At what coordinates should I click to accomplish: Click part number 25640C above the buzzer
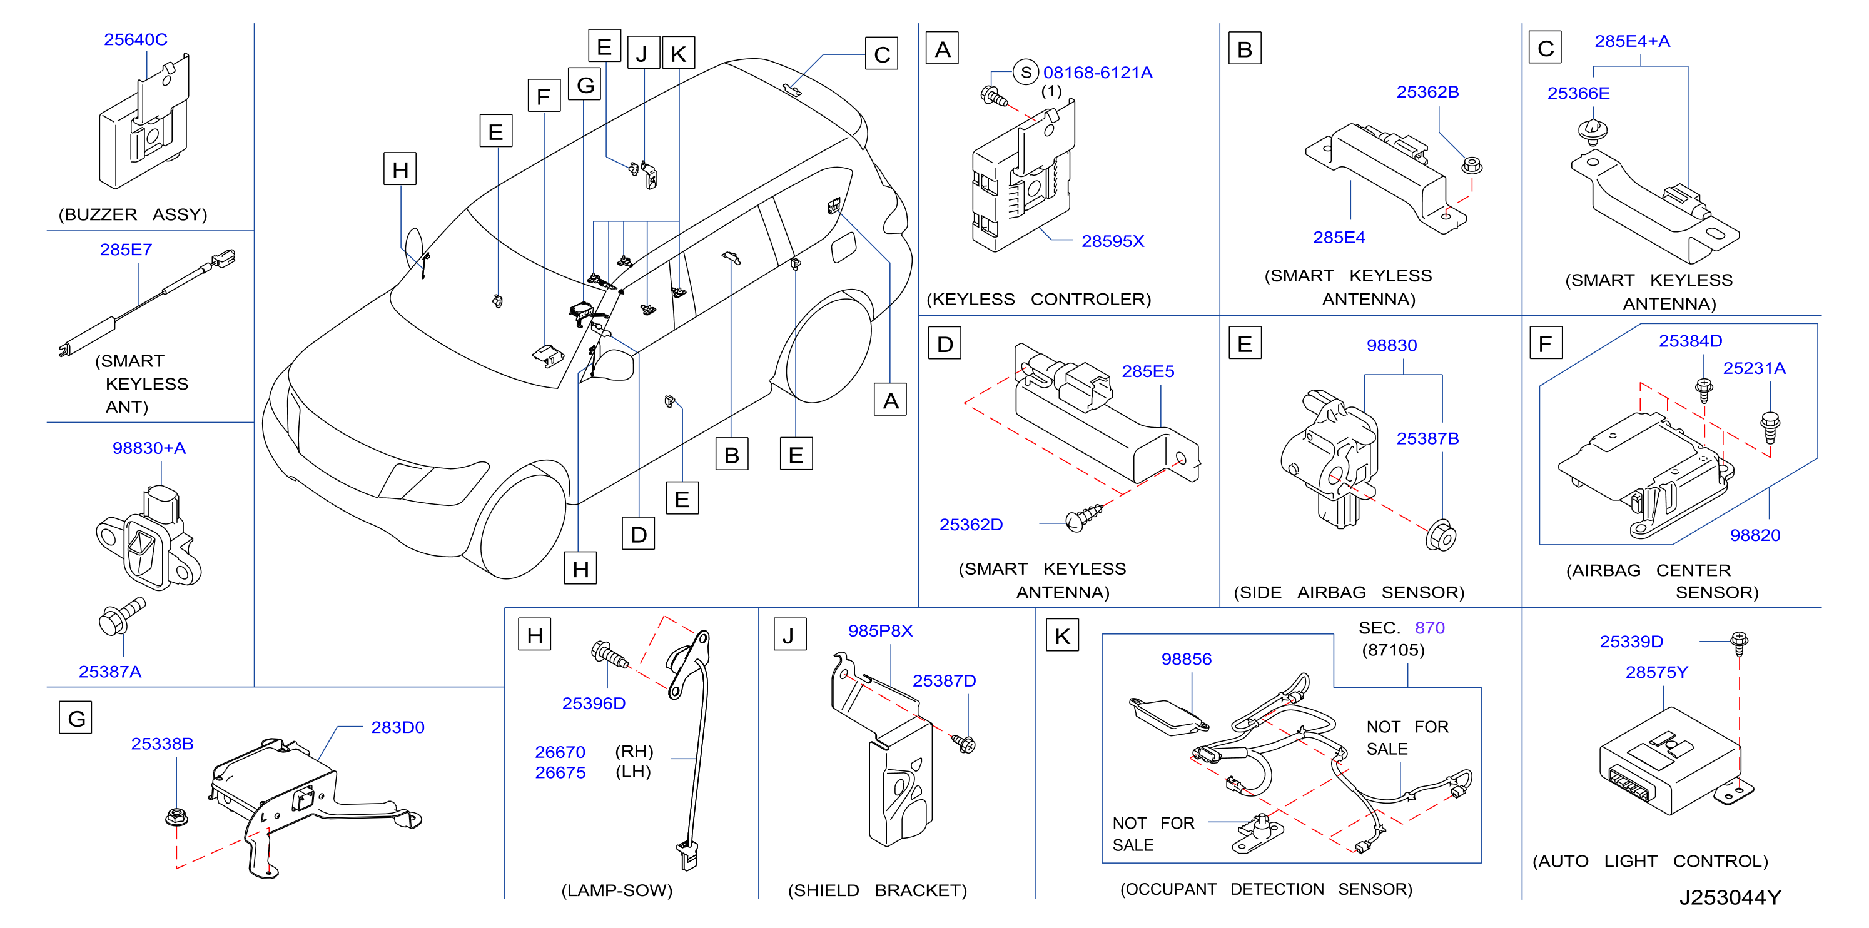coord(136,39)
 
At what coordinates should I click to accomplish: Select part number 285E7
coord(126,250)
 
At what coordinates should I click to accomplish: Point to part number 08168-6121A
coord(1098,73)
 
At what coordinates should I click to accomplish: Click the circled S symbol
coord(1026,72)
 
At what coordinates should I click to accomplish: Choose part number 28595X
coord(1113,241)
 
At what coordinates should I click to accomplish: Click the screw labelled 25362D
coord(1084,517)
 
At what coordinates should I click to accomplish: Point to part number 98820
coord(1755,535)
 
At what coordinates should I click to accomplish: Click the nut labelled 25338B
coord(176,816)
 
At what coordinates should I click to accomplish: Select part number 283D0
coord(398,727)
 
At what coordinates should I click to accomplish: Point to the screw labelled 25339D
coord(1739,643)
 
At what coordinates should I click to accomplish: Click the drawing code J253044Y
coord(1730,897)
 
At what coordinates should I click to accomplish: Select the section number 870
coord(1430,628)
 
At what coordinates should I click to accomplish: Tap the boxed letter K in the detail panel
coord(1063,635)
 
